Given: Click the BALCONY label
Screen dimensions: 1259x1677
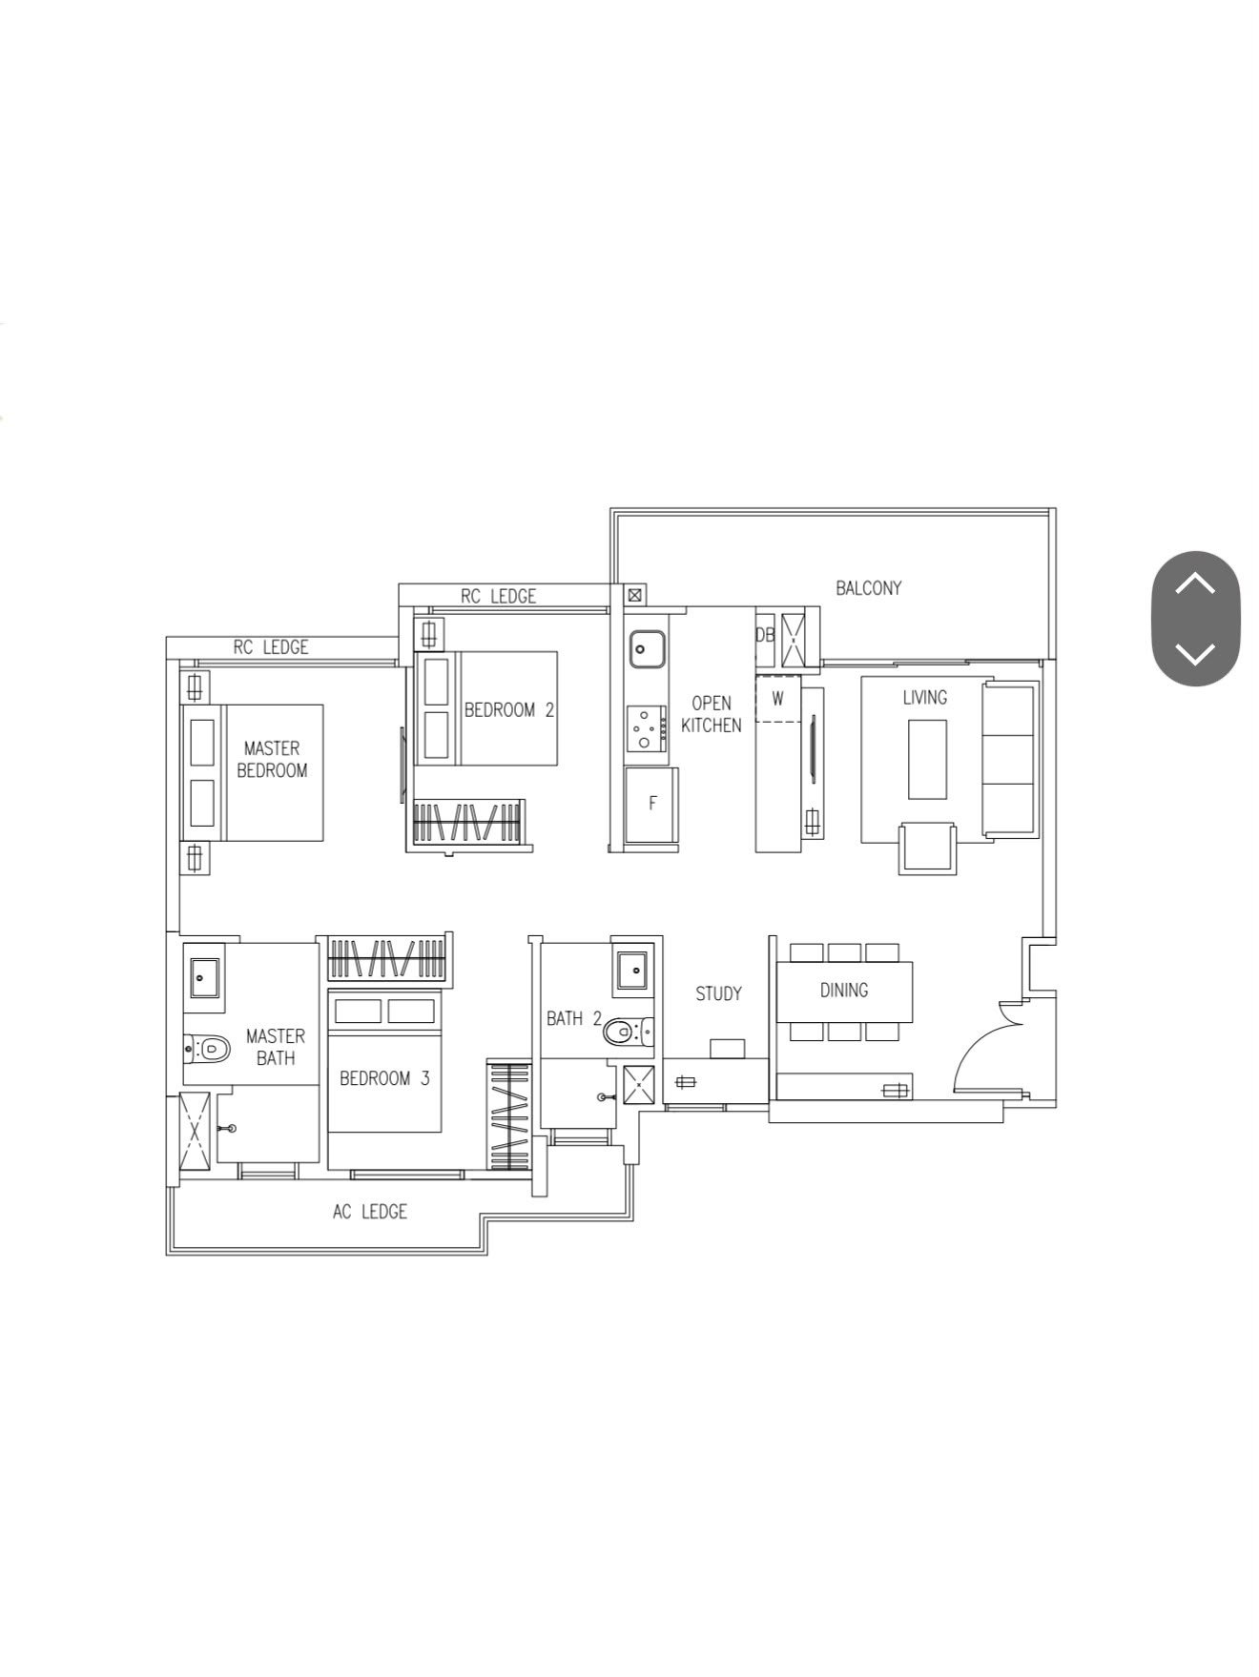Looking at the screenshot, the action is (868, 588).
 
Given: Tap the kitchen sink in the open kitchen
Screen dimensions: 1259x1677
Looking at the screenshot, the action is (647, 649).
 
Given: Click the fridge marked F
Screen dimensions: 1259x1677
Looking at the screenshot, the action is (653, 804).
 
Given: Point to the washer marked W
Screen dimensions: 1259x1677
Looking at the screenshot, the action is (778, 699).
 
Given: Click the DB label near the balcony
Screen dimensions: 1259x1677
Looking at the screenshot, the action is (765, 634).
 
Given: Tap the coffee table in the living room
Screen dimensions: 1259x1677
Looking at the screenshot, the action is (927, 759).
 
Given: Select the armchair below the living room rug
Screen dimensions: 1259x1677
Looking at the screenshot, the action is (926, 848).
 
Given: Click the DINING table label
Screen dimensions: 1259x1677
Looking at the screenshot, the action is (844, 991).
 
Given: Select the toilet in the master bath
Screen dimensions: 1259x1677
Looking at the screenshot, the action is (207, 1049).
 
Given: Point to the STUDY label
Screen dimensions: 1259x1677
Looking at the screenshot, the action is (718, 994).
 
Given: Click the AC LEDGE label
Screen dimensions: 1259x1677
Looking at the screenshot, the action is (370, 1212).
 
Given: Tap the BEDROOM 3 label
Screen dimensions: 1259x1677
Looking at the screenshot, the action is (384, 1078).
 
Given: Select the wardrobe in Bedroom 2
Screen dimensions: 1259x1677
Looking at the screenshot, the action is (468, 822).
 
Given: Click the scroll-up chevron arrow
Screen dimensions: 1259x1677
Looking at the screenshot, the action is (1195, 583).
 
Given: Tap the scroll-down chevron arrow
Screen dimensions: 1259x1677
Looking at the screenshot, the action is (1195, 654).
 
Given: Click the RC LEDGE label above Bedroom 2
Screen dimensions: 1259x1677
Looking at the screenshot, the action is (499, 597).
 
